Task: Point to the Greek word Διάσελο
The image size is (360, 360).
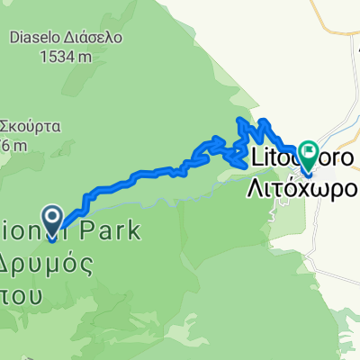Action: [103, 39]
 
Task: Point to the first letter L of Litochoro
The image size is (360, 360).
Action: [251, 158]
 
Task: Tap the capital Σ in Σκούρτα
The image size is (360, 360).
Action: [4, 126]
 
